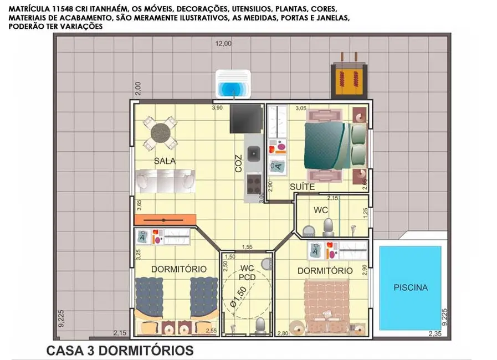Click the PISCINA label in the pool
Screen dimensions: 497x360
[411, 287]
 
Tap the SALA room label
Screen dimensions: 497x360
[165, 161]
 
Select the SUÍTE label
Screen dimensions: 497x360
[302, 187]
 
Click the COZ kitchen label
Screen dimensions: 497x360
[238, 163]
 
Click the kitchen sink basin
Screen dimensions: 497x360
[254, 153]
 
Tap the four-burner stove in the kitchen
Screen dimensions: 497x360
[254, 184]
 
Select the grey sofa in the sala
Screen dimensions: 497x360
[165, 181]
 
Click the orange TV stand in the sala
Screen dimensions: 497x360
[165, 220]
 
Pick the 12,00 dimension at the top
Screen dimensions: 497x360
[223, 43]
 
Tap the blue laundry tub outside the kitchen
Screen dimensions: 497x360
[233, 84]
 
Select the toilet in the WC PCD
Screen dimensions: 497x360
[260, 326]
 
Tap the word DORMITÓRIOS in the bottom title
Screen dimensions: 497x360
[146, 351]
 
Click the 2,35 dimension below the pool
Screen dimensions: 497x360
[435, 333]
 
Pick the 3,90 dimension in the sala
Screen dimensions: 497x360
[217, 108]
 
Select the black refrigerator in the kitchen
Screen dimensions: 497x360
[246, 119]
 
